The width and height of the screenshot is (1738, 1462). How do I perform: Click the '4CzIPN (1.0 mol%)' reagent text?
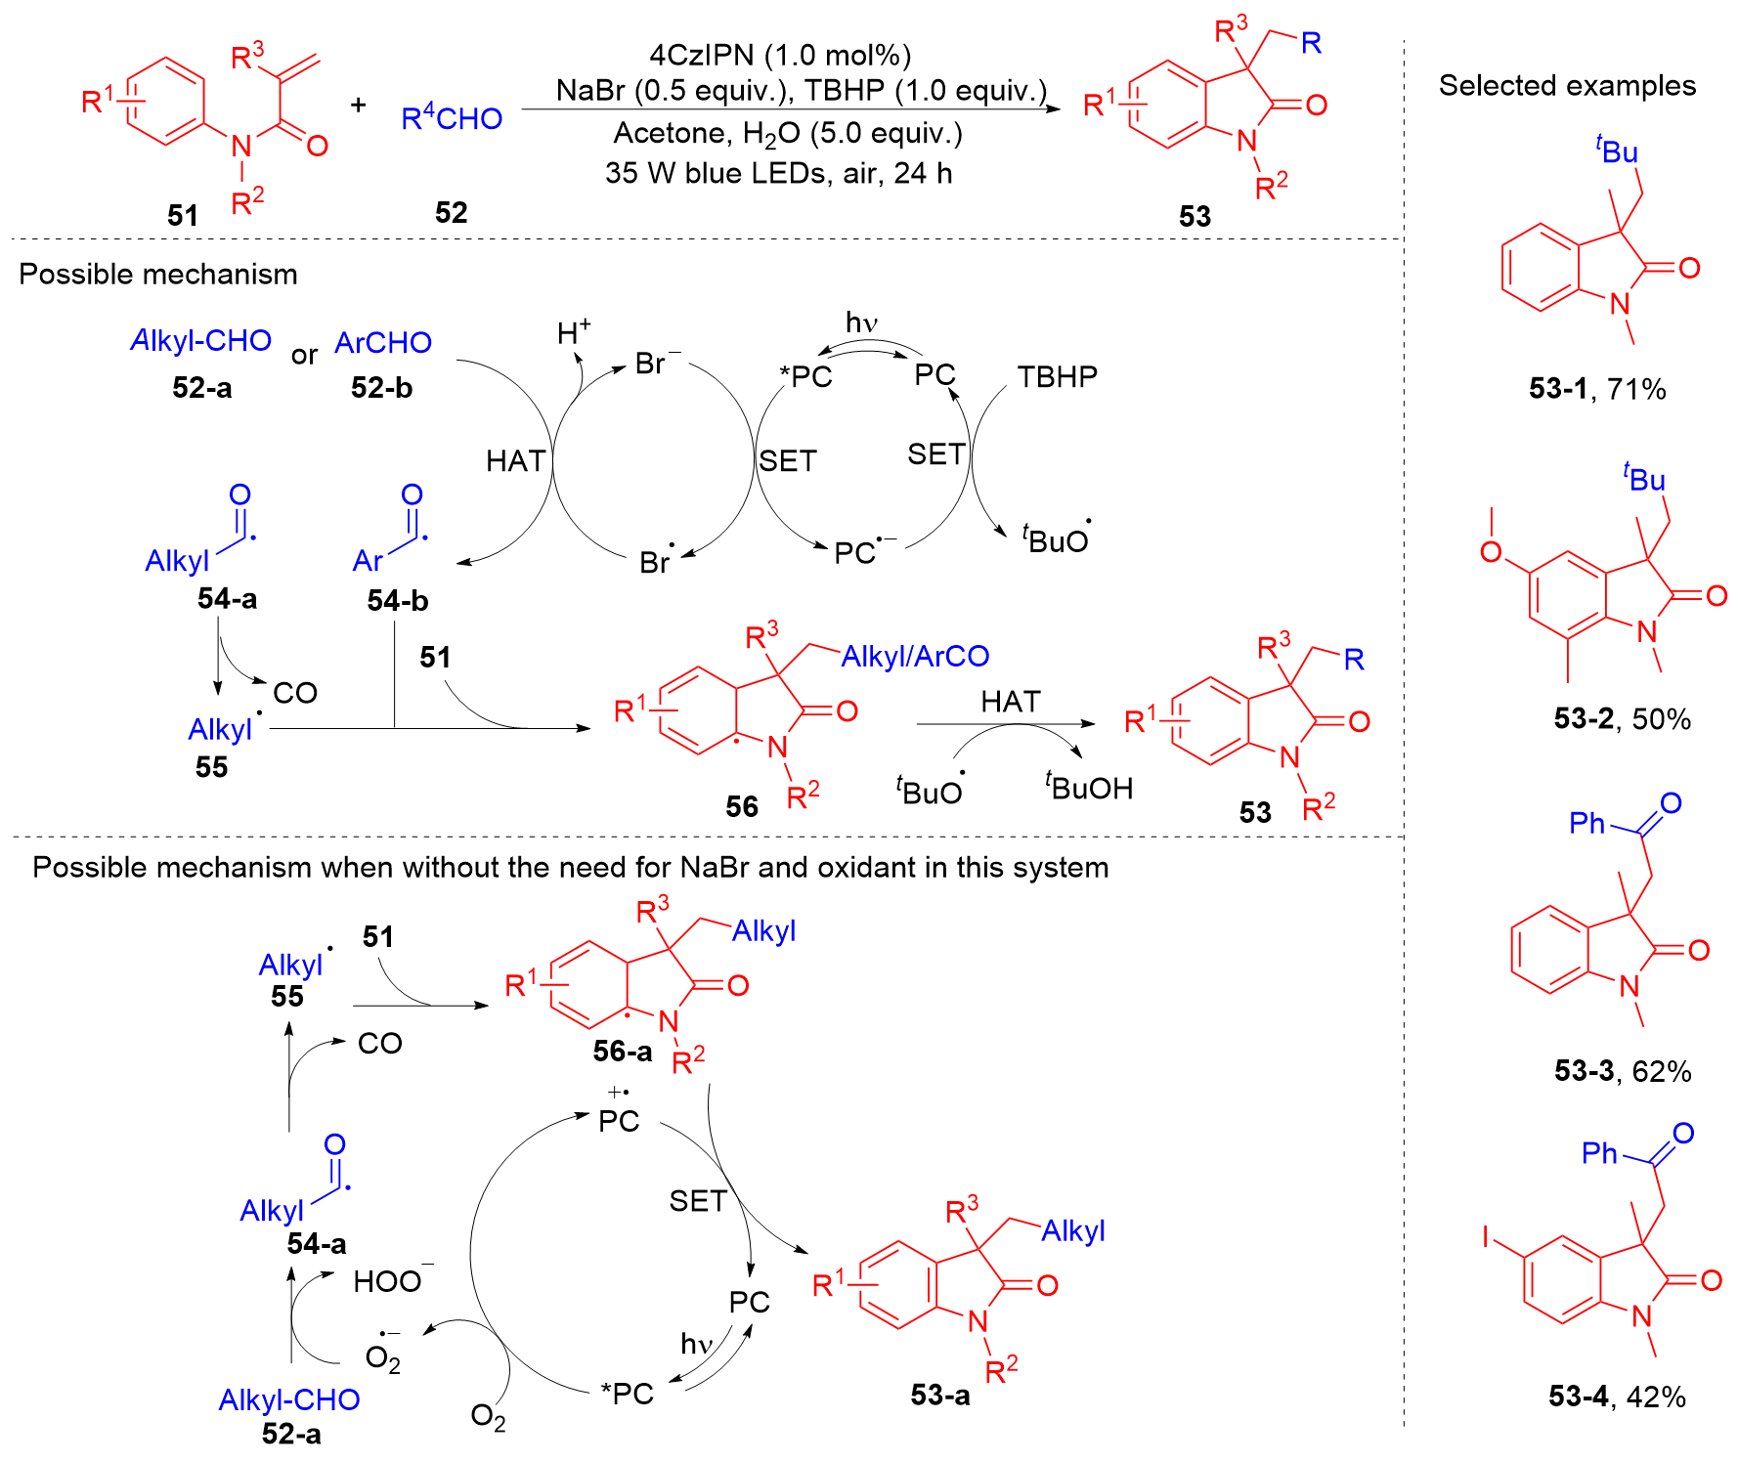click(780, 56)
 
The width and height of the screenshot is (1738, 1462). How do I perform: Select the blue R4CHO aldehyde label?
click(452, 118)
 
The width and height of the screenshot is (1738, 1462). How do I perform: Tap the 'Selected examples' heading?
click(1567, 86)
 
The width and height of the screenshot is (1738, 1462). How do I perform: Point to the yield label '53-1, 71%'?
click(1597, 389)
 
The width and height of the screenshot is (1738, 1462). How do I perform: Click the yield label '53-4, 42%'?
click(1617, 1397)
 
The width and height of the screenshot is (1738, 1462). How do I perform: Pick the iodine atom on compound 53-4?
click(1485, 1237)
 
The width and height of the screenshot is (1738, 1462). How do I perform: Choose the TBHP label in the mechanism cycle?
click(1057, 376)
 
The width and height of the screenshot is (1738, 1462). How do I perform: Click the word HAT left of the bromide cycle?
click(515, 460)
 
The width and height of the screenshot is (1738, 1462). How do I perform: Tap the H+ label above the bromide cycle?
click(574, 331)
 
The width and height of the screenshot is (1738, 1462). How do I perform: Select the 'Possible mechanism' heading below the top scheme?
click(158, 275)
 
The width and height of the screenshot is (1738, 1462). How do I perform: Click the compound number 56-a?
click(623, 1052)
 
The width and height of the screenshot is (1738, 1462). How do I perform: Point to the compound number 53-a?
click(940, 1395)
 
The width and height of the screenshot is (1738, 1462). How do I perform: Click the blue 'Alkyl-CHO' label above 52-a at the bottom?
click(289, 1399)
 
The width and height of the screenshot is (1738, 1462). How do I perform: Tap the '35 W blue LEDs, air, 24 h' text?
click(778, 173)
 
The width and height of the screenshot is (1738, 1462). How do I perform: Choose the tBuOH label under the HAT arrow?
click(1088, 787)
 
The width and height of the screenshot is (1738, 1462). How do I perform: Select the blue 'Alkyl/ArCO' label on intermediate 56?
click(915, 657)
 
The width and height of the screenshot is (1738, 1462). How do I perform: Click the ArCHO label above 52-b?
click(383, 343)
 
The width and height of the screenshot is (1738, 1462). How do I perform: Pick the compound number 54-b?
click(398, 600)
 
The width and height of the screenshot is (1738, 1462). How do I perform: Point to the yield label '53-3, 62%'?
click(1623, 1071)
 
